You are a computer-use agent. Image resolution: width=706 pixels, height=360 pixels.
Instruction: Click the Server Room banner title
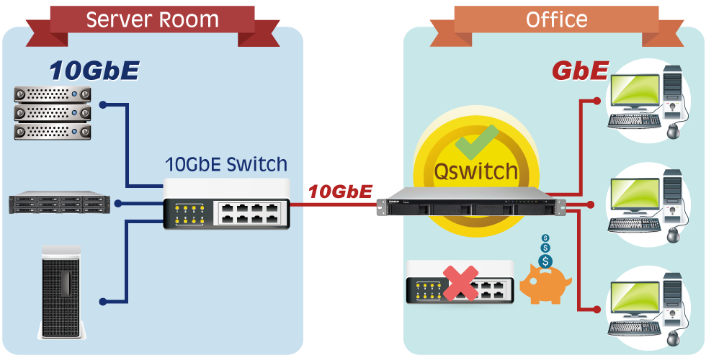153,20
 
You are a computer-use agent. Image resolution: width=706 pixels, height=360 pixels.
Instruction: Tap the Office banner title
556,20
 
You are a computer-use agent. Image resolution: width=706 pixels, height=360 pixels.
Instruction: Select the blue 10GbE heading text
94,71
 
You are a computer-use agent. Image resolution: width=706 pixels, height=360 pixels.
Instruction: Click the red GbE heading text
581,71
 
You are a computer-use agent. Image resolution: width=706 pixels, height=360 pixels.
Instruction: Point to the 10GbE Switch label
226,165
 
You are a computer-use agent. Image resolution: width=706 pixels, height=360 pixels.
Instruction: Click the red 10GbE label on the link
340,192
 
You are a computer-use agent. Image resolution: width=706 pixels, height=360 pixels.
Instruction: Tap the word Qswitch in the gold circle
475,171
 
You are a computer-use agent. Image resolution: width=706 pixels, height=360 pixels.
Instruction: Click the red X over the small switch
460,283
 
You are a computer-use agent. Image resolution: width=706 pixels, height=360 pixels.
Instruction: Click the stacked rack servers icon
53,113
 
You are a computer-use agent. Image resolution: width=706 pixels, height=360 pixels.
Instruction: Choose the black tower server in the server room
61,292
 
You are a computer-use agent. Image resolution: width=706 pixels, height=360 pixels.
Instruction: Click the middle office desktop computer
649,206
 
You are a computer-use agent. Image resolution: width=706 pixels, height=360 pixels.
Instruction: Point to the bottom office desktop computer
649,310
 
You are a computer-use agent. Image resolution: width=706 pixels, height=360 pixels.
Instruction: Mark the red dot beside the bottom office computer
597,309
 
